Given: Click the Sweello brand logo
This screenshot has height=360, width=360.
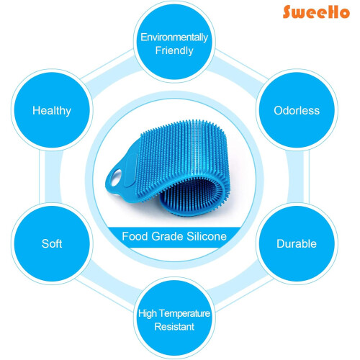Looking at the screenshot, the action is [316, 12].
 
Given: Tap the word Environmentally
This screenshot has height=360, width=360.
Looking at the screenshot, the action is [174, 37].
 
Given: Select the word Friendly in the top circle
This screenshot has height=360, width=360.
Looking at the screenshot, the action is [174, 50].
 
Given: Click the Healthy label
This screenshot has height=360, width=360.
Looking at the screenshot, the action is [52, 111].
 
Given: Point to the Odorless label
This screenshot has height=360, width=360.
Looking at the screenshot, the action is [297, 111].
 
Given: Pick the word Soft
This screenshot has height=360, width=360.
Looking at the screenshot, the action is [52, 243].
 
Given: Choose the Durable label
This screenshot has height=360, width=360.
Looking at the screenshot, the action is [297, 243].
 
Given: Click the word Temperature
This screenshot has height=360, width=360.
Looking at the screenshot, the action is [184, 314].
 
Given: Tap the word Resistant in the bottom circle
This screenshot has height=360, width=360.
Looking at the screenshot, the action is [174, 327].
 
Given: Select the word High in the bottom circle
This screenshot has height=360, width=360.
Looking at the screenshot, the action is [148, 314].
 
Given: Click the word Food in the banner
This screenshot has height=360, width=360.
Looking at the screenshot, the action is [135, 236].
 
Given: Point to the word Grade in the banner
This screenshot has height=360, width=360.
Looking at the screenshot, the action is [167, 236].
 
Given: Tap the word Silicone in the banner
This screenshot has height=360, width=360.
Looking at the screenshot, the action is [207, 236].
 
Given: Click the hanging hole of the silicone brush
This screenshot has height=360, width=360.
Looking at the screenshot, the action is [116, 177].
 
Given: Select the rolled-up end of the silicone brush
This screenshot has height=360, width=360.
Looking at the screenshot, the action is [193, 196].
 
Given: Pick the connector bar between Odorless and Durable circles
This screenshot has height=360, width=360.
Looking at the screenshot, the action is [297, 177].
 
